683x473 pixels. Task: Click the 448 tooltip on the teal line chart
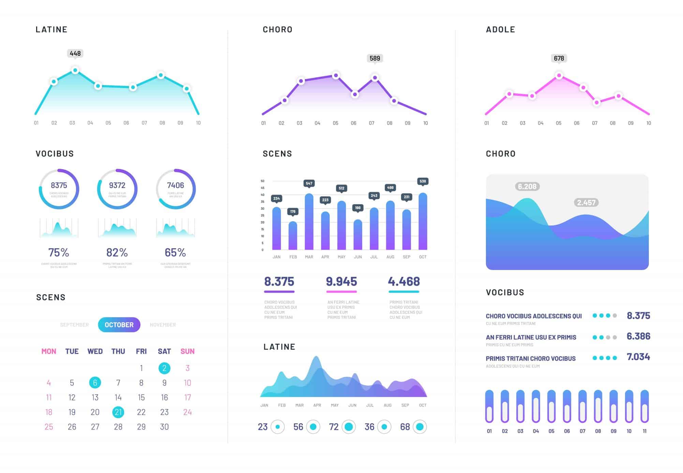75,54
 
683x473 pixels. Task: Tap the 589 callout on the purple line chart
374,58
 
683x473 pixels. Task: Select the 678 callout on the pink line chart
559,58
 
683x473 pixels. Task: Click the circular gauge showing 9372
117,189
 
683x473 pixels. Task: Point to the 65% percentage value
175,253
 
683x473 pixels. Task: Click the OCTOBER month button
119,325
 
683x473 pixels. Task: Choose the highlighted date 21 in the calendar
118,412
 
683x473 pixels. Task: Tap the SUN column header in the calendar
187,351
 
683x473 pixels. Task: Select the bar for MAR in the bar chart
309,222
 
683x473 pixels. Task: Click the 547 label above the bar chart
309,183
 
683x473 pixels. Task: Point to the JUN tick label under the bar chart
358,257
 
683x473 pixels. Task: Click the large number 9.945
341,282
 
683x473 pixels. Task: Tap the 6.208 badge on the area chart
527,187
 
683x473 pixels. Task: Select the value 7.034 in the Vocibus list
638,357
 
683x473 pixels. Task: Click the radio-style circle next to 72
348,427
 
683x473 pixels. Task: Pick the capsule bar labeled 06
567,406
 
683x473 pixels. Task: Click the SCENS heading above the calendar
51,297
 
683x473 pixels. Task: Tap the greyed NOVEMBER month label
163,325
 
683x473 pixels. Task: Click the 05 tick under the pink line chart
558,123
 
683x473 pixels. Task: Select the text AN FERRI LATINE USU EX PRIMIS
531,337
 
